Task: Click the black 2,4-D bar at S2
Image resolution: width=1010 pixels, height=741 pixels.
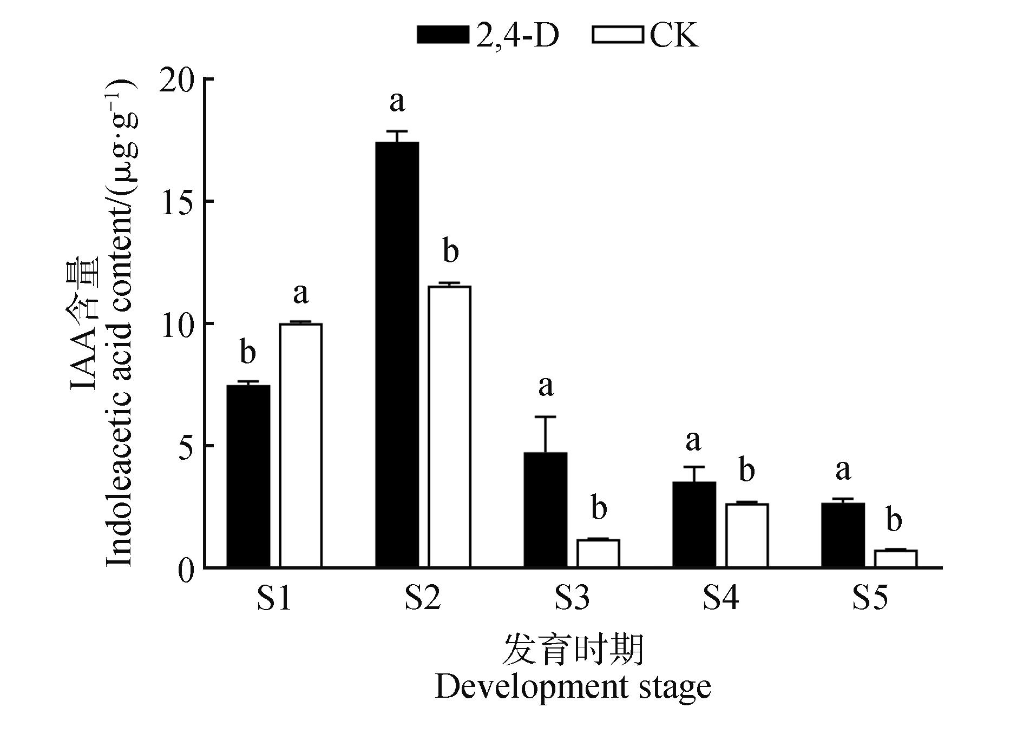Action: coord(397,354)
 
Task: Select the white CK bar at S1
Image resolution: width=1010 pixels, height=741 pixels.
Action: coord(301,445)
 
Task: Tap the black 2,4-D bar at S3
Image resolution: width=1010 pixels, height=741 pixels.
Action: coord(546,510)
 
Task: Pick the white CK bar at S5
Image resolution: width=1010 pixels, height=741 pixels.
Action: coord(896,559)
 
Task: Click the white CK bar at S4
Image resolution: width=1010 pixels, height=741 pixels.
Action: coord(747,535)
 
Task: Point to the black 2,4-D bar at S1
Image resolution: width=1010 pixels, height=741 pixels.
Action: coord(248,476)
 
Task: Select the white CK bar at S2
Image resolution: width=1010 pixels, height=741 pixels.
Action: coord(450,427)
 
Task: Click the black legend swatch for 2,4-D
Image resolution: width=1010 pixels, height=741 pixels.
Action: coord(443,35)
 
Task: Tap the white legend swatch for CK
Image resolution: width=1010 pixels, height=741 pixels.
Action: coord(618,35)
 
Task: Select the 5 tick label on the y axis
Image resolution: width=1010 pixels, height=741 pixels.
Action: coord(187,446)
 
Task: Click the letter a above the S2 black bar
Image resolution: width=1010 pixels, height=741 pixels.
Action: coord(397,101)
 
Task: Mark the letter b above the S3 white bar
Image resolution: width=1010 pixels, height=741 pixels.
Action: coord(599,508)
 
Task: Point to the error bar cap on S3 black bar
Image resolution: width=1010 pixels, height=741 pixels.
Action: coord(546,417)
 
